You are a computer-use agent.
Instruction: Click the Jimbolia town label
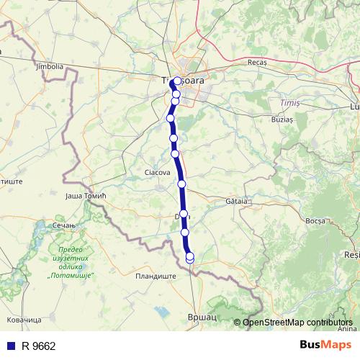49,66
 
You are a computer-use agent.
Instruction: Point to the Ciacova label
157,173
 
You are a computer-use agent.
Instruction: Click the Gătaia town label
235,201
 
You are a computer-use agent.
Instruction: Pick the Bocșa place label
316,220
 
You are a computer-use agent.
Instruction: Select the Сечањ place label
65,225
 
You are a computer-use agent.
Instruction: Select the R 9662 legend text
39,346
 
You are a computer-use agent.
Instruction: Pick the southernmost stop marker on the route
190,258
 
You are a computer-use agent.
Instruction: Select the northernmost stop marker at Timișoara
177,81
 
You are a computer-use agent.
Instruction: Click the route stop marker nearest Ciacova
175,153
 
